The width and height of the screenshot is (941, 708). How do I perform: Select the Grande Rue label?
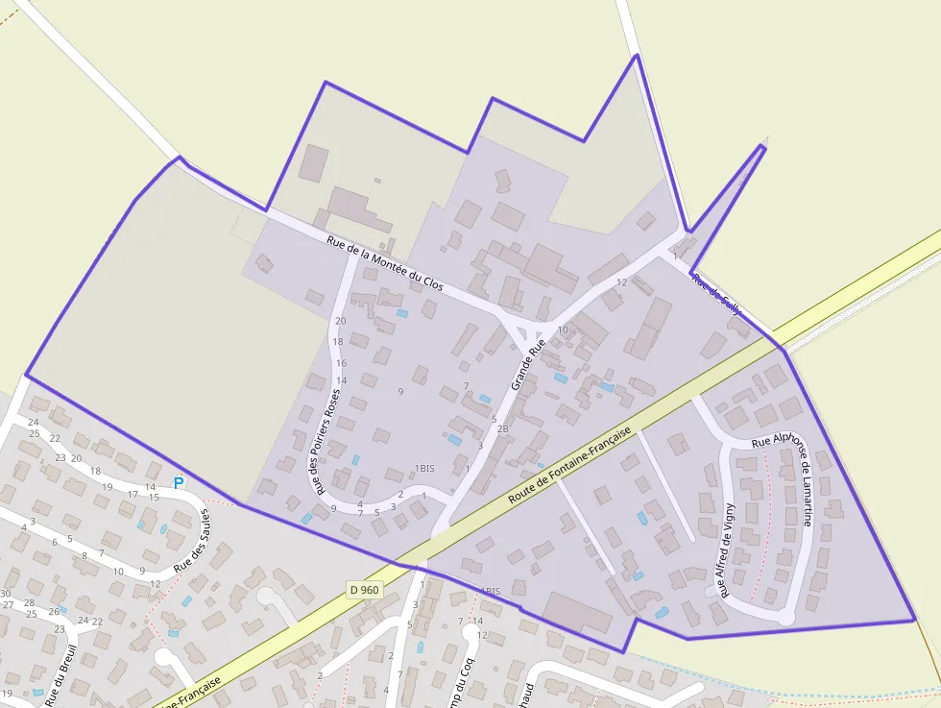[528, 363]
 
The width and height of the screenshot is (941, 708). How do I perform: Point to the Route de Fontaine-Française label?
[569, 467]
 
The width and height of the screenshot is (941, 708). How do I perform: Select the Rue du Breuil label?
[60, 673]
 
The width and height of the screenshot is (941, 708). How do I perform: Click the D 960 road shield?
[365, 589]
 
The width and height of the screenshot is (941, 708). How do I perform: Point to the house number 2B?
[502, 428]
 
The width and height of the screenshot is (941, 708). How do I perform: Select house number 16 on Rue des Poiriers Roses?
[341, 363]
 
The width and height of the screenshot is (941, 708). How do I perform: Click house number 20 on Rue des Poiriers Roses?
[340, 321]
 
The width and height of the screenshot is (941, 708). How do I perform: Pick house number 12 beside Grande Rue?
[621, 282]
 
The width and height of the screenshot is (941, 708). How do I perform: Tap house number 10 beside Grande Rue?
[563, 330]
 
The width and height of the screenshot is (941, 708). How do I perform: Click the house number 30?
[6, 594]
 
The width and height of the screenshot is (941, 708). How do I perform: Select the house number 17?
[133, 494]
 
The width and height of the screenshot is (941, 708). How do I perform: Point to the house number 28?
[30, 602]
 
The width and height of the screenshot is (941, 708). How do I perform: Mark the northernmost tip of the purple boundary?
[636, 55]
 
